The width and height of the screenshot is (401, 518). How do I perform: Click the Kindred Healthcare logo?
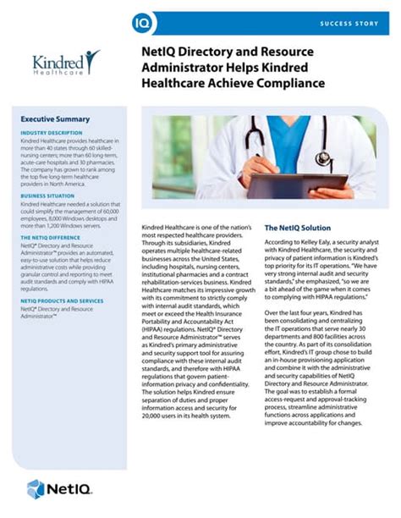[x=65, y=63]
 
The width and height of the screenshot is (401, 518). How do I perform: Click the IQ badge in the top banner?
[x=143, y=21]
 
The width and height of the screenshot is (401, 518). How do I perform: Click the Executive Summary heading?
[x=55, y=119]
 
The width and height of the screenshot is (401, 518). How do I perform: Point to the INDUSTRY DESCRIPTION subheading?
[x=52, y=133]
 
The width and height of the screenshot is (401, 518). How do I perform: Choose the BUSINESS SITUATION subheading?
[x=49, y=196]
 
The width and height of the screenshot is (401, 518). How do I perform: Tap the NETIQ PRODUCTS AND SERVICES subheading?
[x=62, y=300]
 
